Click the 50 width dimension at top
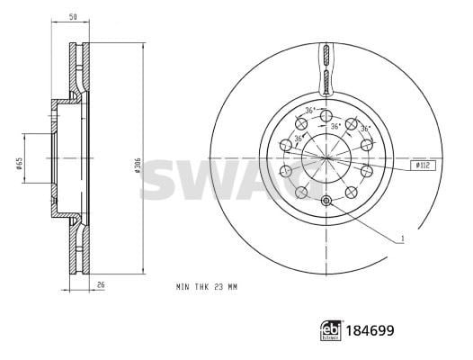pos(73,17)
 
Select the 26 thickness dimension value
pos(101,284)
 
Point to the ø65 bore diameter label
pos(19,163)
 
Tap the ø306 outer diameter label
pos(138,165)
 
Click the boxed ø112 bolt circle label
pos(423,166)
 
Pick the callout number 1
pos(402,238)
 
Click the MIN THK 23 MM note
pos(207,286)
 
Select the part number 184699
pos(370,330)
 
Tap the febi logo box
pos(331,330)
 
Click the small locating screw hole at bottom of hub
pos(326,201)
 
